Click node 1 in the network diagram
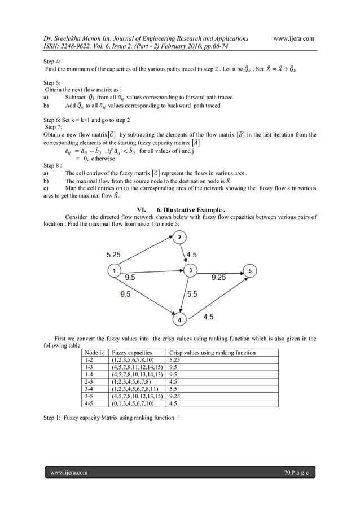click(x=115, y=271)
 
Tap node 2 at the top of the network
click(x=179, y=238)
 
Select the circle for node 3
click(x=191, y=271)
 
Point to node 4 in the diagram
click(x=180, y=320)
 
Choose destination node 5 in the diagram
click(x=250, y=271)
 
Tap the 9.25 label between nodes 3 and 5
click(x=219, y=278)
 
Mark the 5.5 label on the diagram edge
click(x=192, y=294)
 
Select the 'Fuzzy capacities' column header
click(x=131, y=353)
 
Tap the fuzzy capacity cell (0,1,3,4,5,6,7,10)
click(x=134, y=403)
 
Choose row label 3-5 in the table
click(x=89, y=396)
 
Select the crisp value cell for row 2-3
click(x=174, y=381)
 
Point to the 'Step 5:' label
click(x=53, y=82)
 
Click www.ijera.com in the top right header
click(x=293, y=38)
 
